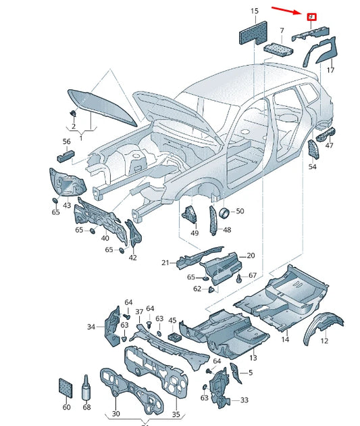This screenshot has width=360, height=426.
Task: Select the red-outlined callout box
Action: click(311, 17)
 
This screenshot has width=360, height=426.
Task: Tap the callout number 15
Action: click(255, 11)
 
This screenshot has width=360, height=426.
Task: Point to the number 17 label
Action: click(331, 70)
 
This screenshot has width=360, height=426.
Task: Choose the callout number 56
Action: click(66, 142)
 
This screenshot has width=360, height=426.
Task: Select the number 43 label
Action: click(67, 205)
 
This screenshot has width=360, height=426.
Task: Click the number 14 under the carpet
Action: click(285, 339)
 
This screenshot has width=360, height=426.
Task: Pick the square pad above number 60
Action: click(66, 387)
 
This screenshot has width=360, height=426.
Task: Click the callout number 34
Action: click(91, 327)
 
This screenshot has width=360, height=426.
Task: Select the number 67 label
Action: click(252, 275)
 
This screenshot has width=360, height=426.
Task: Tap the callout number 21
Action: click(165, 262)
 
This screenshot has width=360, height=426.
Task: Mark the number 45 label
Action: click(172, 321)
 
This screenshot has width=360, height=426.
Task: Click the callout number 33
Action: click(244, 400)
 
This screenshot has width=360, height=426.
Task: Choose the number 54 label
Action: click(313, 166)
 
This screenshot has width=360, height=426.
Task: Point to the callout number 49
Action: click(195, 233)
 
